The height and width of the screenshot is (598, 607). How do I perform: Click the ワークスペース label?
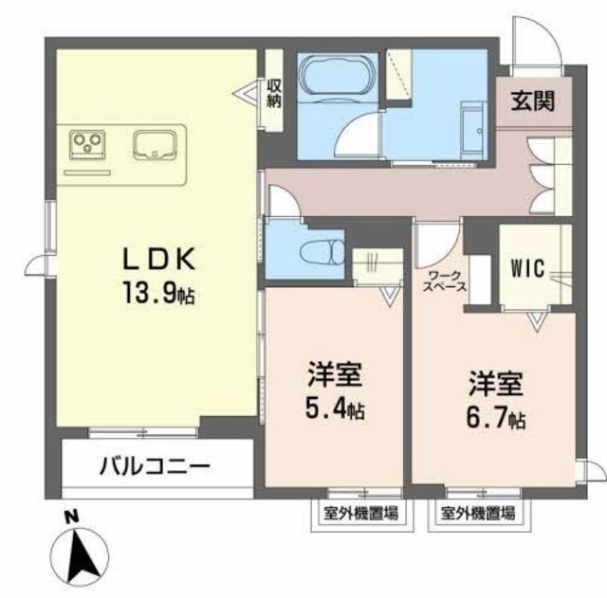(443, 281)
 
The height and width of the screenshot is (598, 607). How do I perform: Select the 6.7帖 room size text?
(495, 415)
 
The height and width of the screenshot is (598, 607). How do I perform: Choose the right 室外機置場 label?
(478, 514)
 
